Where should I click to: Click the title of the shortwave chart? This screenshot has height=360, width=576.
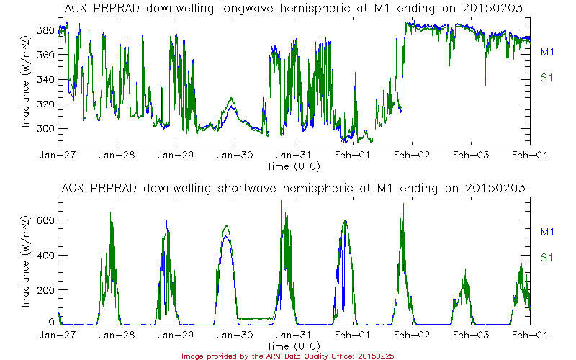pos(294,188)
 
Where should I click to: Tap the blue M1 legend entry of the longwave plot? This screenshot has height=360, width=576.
pos(546,52)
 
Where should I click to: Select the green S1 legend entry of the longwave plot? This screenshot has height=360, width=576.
pos(546,78)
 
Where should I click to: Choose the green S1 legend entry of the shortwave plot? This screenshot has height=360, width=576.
pos(546,257)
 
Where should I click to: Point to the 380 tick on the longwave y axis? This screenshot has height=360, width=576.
pos(47,31)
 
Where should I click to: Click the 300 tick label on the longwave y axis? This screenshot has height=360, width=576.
pos(47,128)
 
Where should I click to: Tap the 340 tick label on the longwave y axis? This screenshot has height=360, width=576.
pos(47,80)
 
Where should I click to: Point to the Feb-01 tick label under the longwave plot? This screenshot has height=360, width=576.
pos(354,155)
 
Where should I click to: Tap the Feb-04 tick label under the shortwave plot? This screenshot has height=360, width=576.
pos(531,335)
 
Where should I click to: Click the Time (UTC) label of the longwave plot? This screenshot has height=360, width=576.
pos(294,166)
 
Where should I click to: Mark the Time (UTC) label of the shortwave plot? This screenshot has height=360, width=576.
pos(294,346)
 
